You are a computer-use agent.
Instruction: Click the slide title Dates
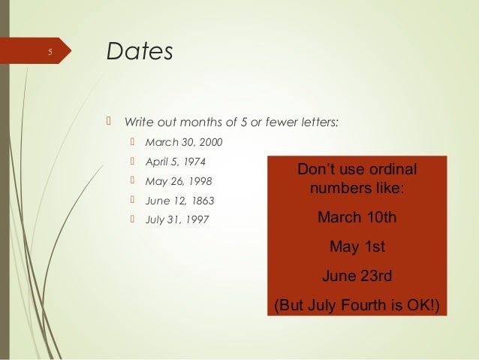(140, 52)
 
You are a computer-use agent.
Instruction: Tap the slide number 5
(50, 53)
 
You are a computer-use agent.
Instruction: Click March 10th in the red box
(357, 217)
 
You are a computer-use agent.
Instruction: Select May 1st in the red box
(357, 246)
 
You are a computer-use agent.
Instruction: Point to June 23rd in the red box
(357, 275)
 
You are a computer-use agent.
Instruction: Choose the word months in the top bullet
(199, 122)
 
